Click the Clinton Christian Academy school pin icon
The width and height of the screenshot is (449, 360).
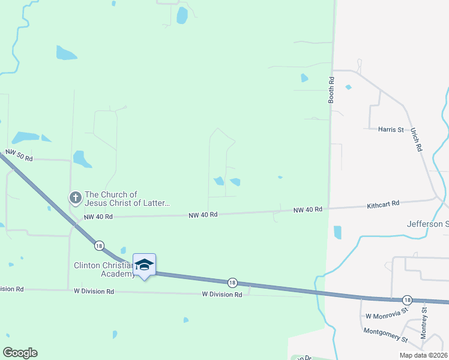click(x=144, y=265)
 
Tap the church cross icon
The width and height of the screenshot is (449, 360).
click(x=75, y=197)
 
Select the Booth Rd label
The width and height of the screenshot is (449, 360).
click(x=331, y=89)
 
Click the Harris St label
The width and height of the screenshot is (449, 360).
click(x=391, y=129)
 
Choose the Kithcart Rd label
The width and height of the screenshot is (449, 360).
click(x=383, y=205)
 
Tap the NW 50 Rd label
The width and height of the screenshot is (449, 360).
click(x=19, y=156)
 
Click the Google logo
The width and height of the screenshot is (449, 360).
click(x=20, y=353)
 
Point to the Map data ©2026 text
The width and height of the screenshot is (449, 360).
click(x=423, y=355)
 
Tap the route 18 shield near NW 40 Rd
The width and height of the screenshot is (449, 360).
click(x=98, y=245)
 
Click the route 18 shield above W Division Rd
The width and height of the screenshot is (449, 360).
click(x=232, y=282)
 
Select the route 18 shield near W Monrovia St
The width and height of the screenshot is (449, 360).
click(x=407, y=299)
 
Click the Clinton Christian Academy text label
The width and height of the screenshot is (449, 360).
click(x=104, y=269)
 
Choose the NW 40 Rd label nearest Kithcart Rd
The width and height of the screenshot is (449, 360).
click(x=308, y=209)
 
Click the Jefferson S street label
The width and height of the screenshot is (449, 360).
click(x=428, y=224)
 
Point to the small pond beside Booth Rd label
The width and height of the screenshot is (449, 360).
click(x=348, y=87)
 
